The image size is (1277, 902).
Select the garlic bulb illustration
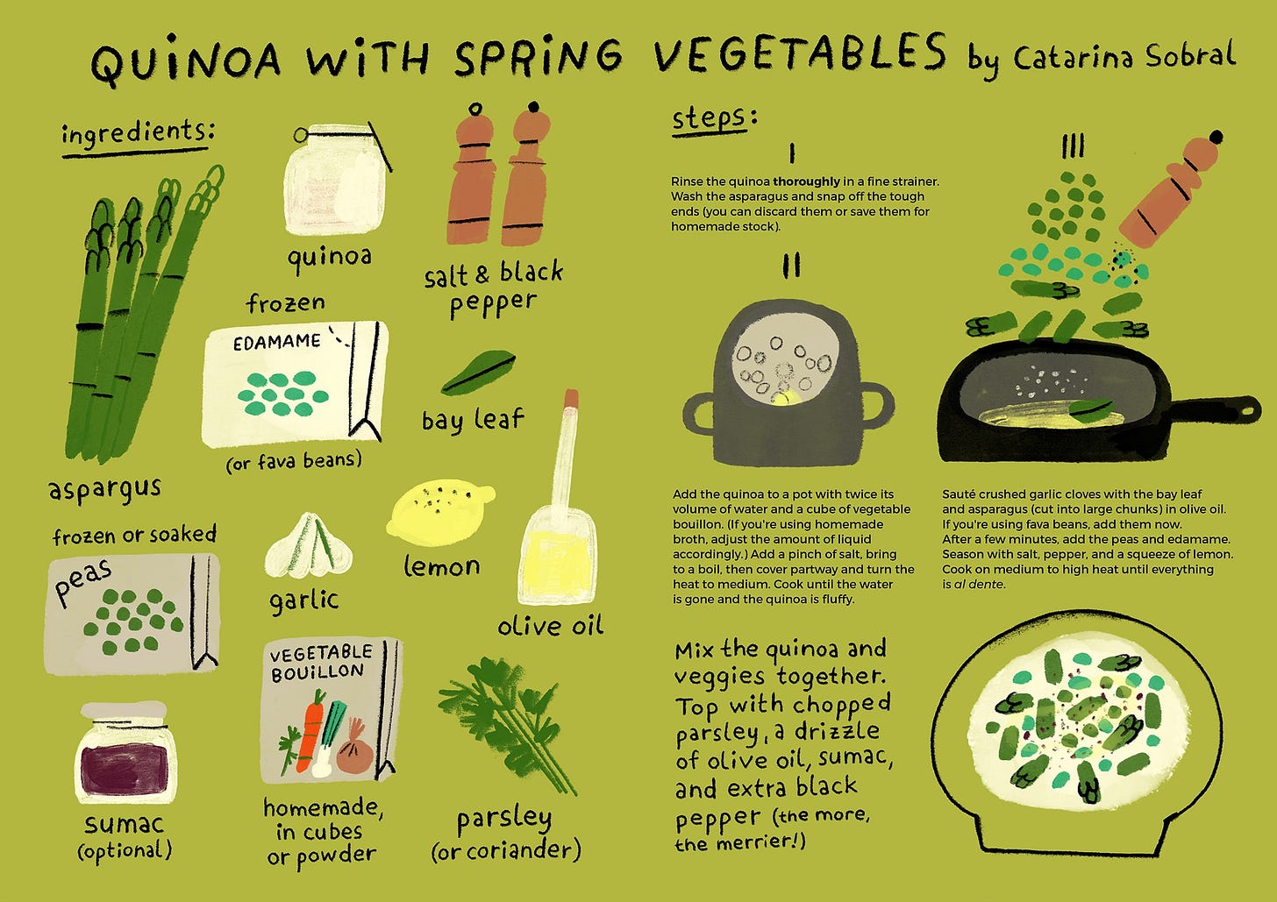click(309, 546)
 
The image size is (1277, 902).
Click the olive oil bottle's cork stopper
click(571, 398)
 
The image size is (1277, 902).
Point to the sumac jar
click(126, 753)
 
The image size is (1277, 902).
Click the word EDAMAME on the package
click(277, 342)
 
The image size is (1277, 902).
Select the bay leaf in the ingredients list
click(478, 372)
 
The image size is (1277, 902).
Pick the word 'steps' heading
click(710, 118)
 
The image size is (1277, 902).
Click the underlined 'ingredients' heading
click(137, 134)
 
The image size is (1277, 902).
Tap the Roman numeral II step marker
click(791, 265)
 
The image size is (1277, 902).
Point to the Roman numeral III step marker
click(1073, 146)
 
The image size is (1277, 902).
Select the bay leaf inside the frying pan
click(1090, 407)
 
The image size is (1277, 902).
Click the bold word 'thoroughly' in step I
click(806, 181)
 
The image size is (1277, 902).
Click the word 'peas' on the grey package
click(83, 580)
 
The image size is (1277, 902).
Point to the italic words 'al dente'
click(979, 584)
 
